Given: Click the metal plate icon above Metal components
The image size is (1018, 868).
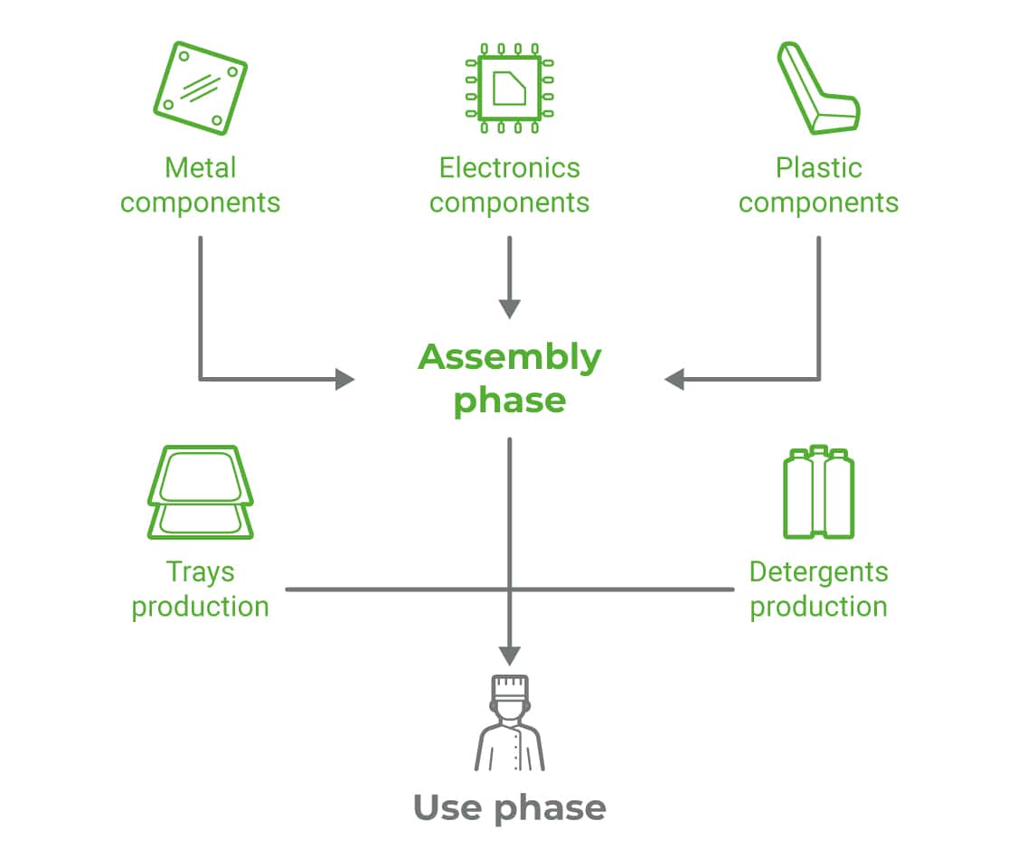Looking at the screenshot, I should [x=200, y=88].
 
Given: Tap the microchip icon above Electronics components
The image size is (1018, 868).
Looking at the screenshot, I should [x=509, y=88].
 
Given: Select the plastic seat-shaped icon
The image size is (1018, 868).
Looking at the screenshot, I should [x=816, y=88].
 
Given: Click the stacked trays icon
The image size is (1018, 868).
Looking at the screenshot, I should [x=200, y=491].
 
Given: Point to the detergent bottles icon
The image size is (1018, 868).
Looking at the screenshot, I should [x=818, y=492].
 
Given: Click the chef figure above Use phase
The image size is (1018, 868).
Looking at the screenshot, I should [x=510, y=723].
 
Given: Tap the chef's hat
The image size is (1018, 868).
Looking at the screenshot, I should [x=510, y=686].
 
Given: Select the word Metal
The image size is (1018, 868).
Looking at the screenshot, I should [x=200, y=168].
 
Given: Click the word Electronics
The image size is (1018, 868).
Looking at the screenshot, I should [x=509, y=168].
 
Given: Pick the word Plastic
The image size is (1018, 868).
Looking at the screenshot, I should [x=818, y=168].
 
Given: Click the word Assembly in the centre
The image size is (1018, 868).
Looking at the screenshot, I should [x=509, y=358].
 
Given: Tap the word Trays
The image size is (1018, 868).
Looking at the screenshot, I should [x=200, y=572].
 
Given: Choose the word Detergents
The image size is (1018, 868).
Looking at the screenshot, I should [x=818, y=572].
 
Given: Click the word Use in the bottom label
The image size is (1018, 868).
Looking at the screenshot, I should [x=448, y=807].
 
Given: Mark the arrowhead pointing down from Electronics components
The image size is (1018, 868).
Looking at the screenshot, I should [x=510, y=307].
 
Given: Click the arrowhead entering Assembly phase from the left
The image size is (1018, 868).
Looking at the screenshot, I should [x=344, y=379].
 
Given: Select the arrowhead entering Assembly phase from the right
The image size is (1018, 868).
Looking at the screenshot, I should [x=675, y=379].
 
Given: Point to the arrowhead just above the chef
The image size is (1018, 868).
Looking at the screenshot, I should [x=510, y=655].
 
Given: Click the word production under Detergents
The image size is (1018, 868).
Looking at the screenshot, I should [x=818, y=607].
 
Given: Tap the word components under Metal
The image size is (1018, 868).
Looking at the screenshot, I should [x=200, y=203].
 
